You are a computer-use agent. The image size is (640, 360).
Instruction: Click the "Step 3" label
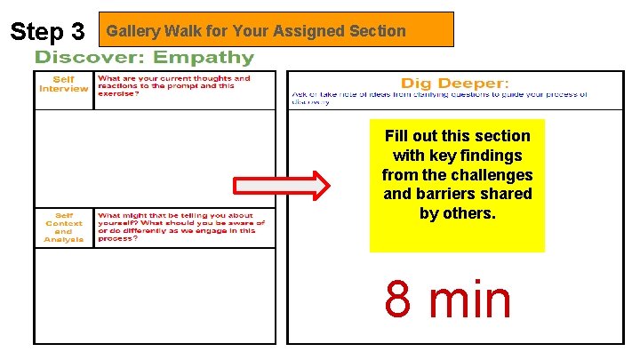point(47,32)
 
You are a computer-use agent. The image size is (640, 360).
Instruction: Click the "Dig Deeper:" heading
point(454,84)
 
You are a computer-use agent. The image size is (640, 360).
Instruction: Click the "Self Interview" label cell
point(64,84)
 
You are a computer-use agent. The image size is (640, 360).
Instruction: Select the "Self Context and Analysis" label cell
point(64,227)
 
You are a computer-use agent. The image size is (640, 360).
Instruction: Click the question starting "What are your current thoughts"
point(174,86)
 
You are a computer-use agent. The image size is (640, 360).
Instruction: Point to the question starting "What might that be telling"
point(181,227)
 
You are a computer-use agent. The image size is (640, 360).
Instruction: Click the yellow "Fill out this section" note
point(457,185)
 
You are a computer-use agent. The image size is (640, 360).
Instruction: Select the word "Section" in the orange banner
point(378,31)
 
